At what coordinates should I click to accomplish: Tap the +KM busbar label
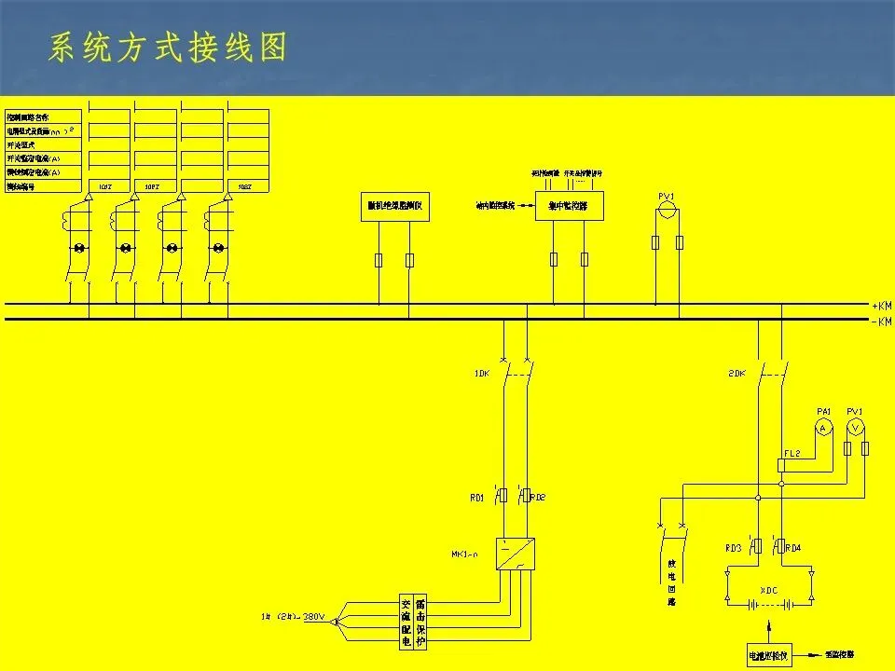[x=881, y=306]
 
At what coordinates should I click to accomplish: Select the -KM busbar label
[x=881, y=322]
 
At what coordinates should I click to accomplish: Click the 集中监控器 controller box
[x=569, y=206]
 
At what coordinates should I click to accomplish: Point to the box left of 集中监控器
[x=393, y=206]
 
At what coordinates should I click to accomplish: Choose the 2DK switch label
[x=737, y=374]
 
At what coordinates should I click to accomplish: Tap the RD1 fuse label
[x=476, y=499]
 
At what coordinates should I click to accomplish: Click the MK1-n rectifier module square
[x=516, y=555]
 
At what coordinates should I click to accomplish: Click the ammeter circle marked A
[x=822, y=427]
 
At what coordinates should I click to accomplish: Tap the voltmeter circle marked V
[x=855, y=427]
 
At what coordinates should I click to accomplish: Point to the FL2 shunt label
[x=792, y=453]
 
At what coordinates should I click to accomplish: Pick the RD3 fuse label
[x=734, y=548]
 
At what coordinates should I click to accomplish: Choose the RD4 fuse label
[x=793, y=548]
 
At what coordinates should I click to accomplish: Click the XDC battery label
[x=768, y=591]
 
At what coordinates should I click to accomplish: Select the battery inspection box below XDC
[x=768, y=655]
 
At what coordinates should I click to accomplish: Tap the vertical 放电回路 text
[x=671, y=582]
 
